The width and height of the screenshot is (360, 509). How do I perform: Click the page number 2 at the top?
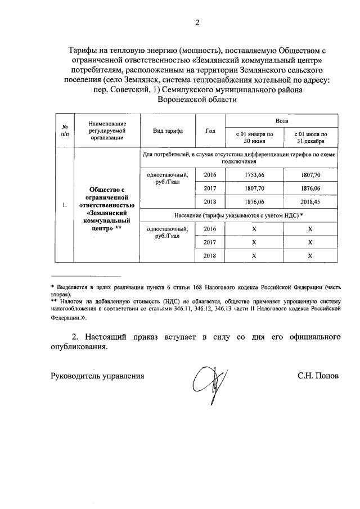pyautogui.click(x=197, y=22)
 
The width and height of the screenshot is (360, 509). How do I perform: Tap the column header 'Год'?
pyautogui.click(x=210, y=130)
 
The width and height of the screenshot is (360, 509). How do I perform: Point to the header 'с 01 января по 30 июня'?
pyautogui.click(x=254, y=138)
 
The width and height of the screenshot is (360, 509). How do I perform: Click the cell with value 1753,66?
pyautogui.click(x=254, y=175)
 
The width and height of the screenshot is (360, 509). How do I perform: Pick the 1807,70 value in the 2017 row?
pyautogui.click(x=254, y=189)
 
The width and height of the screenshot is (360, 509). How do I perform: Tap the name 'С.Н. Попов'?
pyautogui.click(x=318, y=376)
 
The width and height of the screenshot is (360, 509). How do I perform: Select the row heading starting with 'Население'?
pyautogui.click(x=238, y=215)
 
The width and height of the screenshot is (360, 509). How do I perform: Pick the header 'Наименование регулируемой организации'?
pyautogui.click(x=106, y=130)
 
